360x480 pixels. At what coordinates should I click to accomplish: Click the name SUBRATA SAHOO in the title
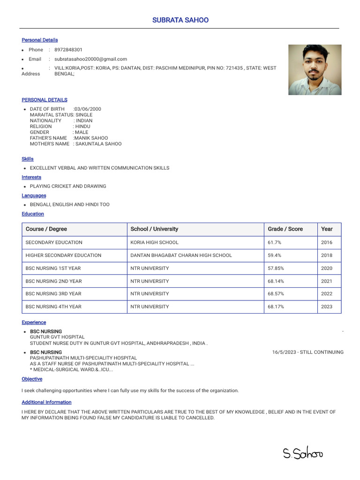click(180, 20)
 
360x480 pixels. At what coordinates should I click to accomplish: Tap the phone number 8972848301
click(68, 50)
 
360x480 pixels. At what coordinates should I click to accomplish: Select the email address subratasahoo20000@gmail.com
click(90, 59)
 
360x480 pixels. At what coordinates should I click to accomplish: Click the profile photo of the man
click(315, 70)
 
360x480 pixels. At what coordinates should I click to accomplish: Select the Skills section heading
click(28, 159)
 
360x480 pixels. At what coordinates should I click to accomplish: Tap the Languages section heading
click(34, 196)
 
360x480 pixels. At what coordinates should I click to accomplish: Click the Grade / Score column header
click(285, 229)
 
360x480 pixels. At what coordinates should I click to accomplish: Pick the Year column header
click(327, 229)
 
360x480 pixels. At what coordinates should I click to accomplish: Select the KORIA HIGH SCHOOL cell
click(154, 243)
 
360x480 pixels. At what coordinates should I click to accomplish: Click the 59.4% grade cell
click(274, 255)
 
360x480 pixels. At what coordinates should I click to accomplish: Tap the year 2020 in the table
click(327, 269)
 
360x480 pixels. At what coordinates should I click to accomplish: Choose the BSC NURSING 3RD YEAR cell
click(53, 294)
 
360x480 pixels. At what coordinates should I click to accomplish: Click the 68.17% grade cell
click(276, 307)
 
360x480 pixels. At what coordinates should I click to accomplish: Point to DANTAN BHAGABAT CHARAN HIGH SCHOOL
click(181, 255)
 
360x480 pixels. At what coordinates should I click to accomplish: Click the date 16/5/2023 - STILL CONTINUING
click(307, 352)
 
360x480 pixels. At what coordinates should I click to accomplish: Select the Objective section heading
click(32, 379)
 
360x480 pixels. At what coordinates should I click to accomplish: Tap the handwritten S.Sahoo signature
click(302, 453)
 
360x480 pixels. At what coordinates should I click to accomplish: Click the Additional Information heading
click(46, 403)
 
